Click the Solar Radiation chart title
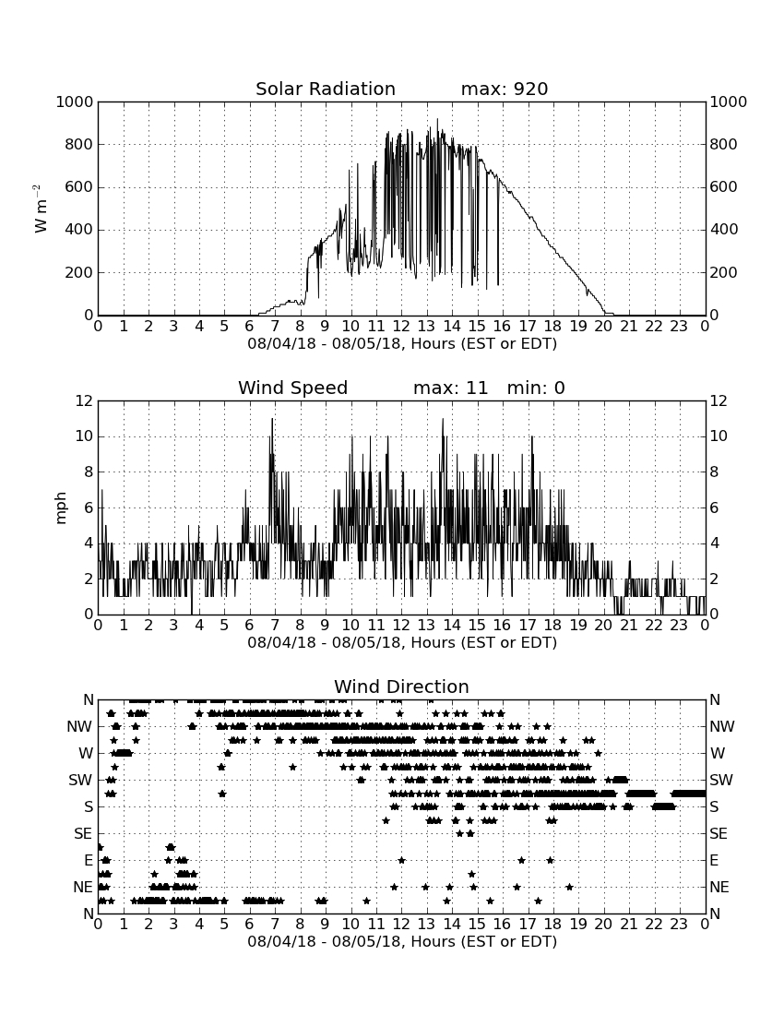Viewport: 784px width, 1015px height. (326, 89)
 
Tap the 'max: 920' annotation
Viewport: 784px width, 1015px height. (505, 89)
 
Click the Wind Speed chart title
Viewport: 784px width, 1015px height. (293, 388)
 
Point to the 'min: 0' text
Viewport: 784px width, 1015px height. (536, 388)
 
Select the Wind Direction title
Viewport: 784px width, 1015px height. (402, 687)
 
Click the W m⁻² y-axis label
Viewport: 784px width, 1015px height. (40, 209)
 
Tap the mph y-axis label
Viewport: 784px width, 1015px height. (60, 508)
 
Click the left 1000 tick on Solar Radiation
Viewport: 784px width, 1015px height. (75, 101)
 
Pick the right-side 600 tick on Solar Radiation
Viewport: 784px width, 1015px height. (723, 186)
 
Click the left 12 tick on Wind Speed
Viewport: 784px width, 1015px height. (84, 400)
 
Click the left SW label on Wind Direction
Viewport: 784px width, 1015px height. (81, 780)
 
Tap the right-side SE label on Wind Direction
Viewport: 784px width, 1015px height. (719, 834)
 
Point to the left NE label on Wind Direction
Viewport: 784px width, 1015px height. (83, 887)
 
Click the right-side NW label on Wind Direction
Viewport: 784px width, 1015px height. (722, 726)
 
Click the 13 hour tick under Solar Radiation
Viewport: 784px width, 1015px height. (426, 327)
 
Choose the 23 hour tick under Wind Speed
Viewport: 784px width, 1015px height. (679, 626)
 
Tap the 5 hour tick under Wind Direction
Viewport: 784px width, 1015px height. (224, 924)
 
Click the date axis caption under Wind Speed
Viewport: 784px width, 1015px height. (402, 642)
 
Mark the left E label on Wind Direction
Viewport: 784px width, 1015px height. (89, 860)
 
